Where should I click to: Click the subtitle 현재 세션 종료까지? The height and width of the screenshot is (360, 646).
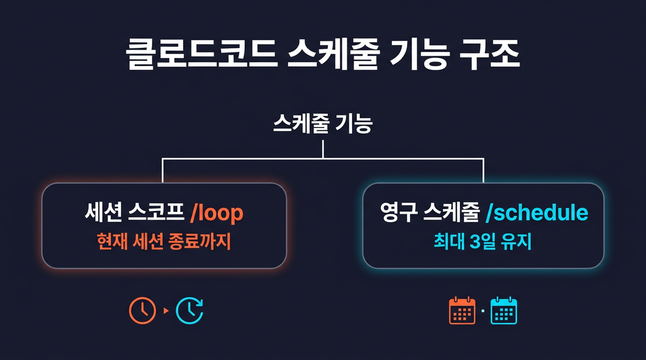click(164, 242)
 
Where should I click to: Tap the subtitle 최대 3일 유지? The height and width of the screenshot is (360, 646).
click(483, 242)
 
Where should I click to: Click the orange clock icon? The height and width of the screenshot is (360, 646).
click(143, 310)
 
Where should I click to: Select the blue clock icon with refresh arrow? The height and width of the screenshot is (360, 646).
click(190, 310)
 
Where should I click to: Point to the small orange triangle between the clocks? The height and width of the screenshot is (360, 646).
click(166, 311)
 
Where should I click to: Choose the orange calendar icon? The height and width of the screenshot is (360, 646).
click(462, 310)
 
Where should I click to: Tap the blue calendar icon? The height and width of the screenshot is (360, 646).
click(503, 310)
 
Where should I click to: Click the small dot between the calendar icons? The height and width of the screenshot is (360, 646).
click(483, 311)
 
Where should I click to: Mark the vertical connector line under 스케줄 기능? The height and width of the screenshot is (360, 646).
click(322, 149)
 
